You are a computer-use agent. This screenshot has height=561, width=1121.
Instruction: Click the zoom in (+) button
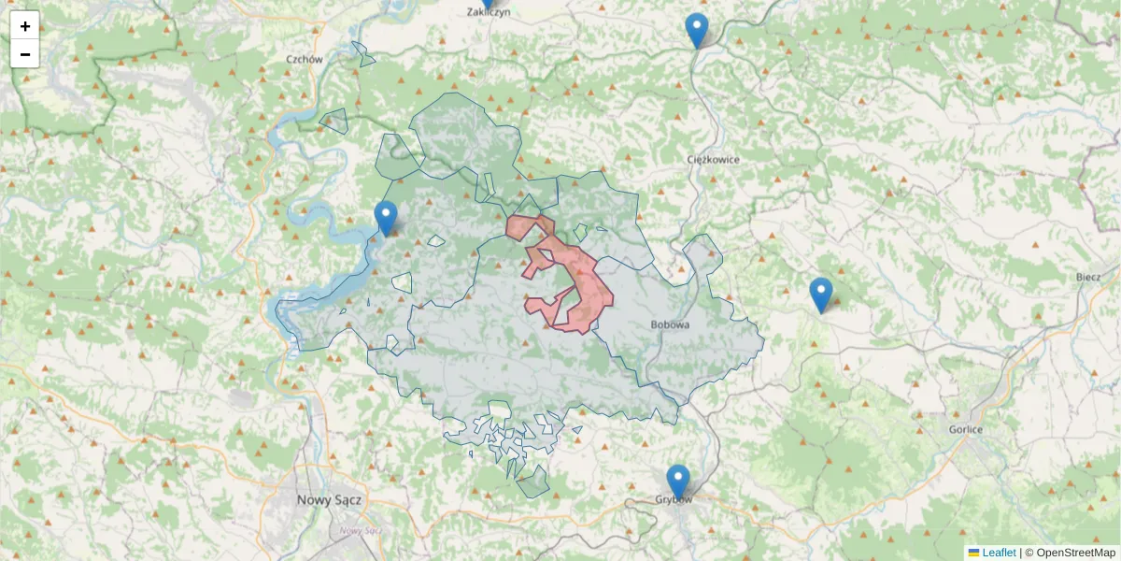point(25,26)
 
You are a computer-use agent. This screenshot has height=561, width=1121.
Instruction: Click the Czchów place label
point(305,59)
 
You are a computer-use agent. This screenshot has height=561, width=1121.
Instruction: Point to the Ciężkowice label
point(713,159)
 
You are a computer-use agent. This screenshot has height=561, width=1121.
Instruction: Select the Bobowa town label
point(669,324)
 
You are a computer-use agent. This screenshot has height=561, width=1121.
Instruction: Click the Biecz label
point(1088,277)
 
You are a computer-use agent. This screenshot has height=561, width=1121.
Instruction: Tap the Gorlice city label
point(964,429)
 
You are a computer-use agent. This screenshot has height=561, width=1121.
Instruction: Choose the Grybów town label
point(674,499)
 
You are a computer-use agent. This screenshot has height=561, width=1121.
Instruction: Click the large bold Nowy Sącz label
point(329,499)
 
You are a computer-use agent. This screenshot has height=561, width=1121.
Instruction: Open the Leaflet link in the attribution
point(999,553)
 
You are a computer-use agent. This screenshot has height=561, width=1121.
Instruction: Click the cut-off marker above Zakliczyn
point(486,3)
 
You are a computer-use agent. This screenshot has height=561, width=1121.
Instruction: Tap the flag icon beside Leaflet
point(973,553)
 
